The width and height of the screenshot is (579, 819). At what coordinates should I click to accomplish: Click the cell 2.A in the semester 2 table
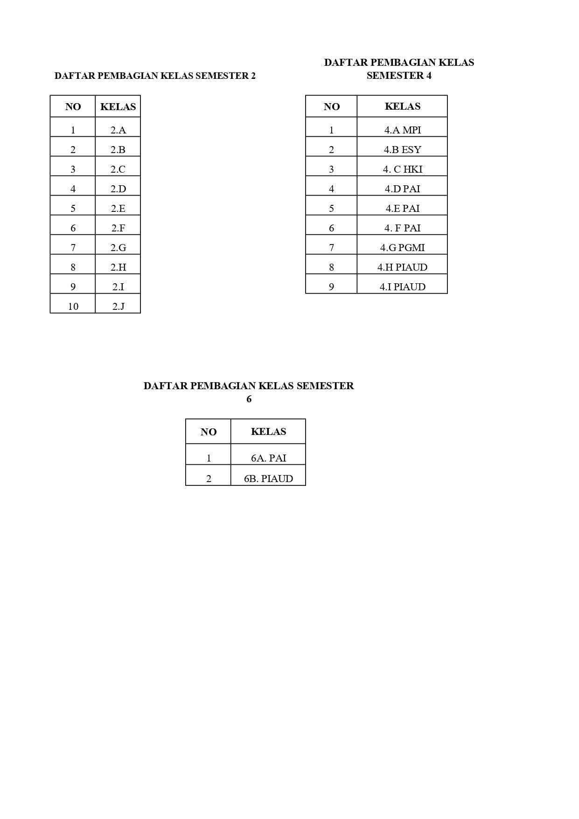[x=118, y=130]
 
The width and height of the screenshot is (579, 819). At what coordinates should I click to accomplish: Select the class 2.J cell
[x=118, y=307]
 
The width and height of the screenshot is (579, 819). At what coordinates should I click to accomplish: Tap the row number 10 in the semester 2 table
[x=73, y=307]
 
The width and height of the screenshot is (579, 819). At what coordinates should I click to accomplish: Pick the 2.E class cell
[x=118, y=209]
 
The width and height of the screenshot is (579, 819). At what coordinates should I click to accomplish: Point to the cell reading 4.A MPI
[x=402, y=130]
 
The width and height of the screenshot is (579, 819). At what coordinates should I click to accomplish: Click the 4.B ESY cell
[x=402, y=150]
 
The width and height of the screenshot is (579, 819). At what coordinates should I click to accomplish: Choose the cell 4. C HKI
[x=402, y=169]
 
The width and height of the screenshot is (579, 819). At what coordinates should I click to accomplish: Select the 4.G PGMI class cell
[x=402, y=248]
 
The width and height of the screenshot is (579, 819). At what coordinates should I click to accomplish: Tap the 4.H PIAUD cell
[x=402, y=267]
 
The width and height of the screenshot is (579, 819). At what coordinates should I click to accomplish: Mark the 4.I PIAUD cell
[x=402, y=287]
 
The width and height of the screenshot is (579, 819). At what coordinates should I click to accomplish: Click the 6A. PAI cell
[x=268, y=458]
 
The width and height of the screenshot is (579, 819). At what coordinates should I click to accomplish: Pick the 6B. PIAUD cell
[x=268, y=479]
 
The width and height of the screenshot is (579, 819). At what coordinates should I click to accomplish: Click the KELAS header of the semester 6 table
[x=268, y=432]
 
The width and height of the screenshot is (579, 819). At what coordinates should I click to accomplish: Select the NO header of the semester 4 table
[x=332, y=107]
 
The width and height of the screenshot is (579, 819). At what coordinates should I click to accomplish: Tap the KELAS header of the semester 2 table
[x=118, y=107]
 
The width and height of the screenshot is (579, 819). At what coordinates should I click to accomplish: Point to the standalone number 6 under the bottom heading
[x=249, y=399]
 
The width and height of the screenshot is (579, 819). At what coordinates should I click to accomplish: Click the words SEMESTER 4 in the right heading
[x=399, y=76]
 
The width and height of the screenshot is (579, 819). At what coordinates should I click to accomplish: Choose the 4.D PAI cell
[x=402, y=189]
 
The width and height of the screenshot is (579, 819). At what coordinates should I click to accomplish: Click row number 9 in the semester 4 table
[x=332, y=287]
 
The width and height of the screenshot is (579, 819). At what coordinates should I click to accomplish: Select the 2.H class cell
[x=118, y=267]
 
